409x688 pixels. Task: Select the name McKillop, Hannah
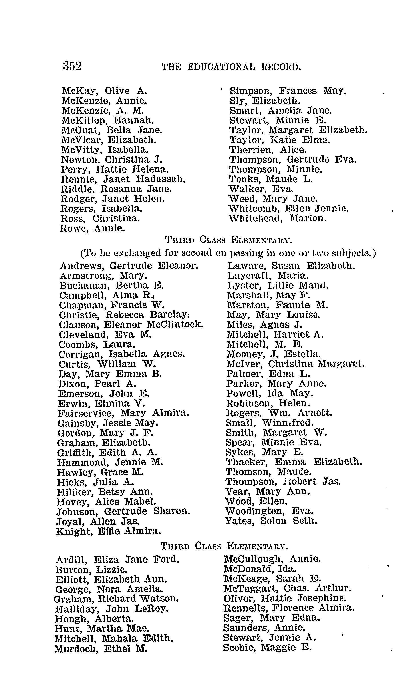(x=107, y=120)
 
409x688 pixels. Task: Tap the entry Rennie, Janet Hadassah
(x=123, y=179)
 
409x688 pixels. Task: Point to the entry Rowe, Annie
(x=92, y=229)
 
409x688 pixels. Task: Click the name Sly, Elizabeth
(x=265, y=101)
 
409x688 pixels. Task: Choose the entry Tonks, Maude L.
(x=271, y=179)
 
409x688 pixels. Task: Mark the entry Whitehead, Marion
(x=278, y=218)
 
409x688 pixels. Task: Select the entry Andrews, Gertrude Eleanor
(x=129, y=266)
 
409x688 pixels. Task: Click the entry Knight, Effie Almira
(x=108, y=531)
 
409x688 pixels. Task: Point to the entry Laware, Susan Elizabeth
(x=291, y=266)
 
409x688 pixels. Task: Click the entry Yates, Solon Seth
(x=271, y=521)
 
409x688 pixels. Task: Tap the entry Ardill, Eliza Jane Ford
(x=117, y=560)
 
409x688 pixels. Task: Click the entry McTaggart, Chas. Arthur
(x=287, y=589)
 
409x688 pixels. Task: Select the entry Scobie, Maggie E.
(x=267, y=648)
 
